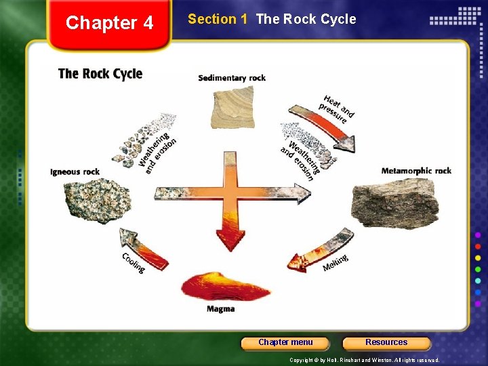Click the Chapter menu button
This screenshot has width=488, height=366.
[285, 343]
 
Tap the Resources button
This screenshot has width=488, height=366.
[386, 343]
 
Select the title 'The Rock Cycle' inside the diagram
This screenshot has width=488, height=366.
[100, 73]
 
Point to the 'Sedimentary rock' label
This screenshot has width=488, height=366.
[232, 78]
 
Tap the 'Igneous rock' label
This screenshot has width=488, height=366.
[75, 172]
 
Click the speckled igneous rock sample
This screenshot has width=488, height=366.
[91, 200]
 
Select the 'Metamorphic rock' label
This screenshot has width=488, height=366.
[416, 171]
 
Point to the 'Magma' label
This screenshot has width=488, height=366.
[221, 309]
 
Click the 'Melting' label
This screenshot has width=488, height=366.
[335, 263]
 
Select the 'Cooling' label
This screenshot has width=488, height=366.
[134, 263]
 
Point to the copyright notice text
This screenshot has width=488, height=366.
[364, 360]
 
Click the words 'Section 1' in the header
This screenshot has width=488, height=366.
[217, 19]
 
